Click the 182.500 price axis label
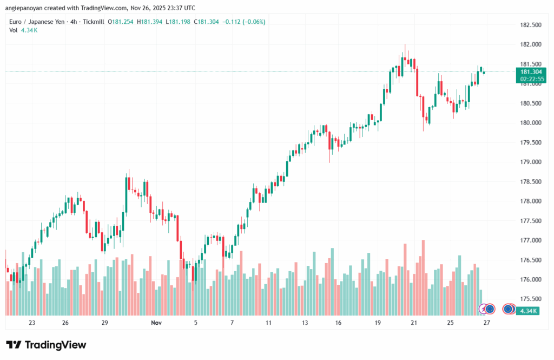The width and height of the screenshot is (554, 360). pyautogui.click(x=530, y=25)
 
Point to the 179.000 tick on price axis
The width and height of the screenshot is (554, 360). pyautogui.click(x=530, y=162)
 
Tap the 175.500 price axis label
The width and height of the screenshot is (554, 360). pyautogui.click(x=530, y=299)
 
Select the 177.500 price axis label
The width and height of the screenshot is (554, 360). pyautogui.click(x=530, y=221)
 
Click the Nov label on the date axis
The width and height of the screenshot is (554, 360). pyautogui.click(x=156, y=323)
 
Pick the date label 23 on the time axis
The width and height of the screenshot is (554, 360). pyautogui.click(x=32, y=323)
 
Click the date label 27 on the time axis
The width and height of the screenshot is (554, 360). pyautogui.click(x=487, y=323)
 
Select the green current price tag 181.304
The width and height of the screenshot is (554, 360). pyautogui.click(x=531, y=72)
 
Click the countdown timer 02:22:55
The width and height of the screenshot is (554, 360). pyautogui.click(x=531, y=78)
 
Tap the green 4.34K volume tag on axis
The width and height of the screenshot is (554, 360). pyautogui.click(x=527, y=311)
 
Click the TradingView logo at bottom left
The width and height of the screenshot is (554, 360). pyautogui.click(x=46, y=345)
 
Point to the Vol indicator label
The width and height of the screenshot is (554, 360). pyautogui.click(x=13, y=30)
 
